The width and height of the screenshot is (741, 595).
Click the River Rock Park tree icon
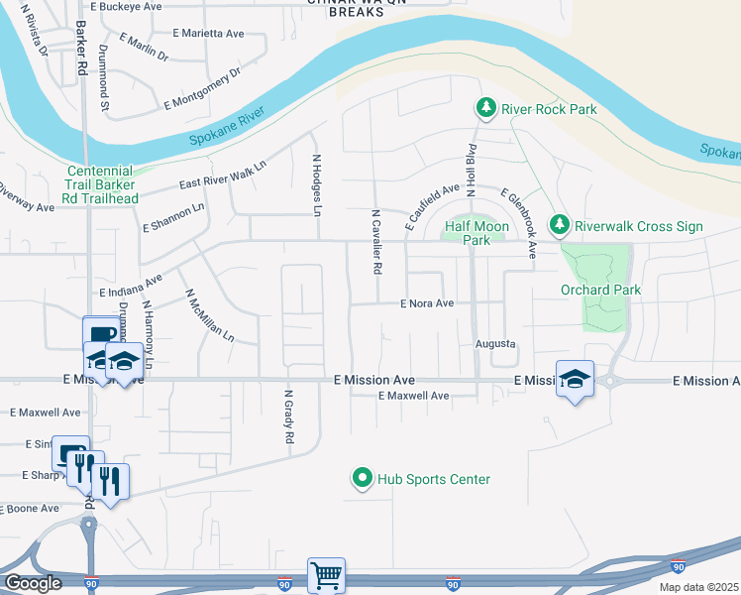click(485, 108)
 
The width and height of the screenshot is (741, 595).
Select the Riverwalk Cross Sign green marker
click(560, 226)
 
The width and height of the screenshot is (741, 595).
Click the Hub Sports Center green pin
click(362, 479)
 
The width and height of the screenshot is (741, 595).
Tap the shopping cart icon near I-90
click(326, 574)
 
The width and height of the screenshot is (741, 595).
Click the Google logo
click(32, 583)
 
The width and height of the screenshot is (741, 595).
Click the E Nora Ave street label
click(427, 303)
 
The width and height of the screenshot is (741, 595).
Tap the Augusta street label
click(496, 343)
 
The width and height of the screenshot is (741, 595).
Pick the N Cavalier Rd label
click(376, 242)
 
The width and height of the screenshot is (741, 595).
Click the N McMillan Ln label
click(209, 316)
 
